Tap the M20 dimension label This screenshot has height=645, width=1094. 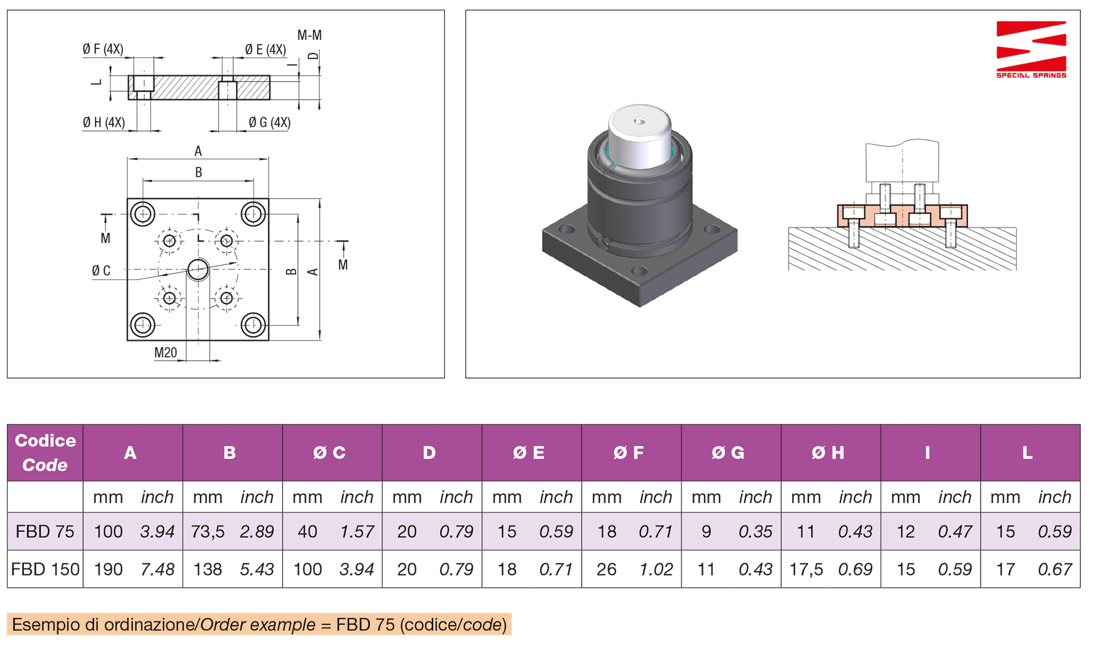(x=165, y=353)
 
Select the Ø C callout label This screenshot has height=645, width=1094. (x=101, y=271)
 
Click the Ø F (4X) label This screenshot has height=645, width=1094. (x=103, y=49)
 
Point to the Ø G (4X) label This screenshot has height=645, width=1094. (x=270, y=123)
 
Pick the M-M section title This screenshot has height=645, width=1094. (x=309, y=35)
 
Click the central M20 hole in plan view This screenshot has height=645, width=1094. (x=198, y=270)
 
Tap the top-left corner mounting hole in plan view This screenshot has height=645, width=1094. (x=142, y=214)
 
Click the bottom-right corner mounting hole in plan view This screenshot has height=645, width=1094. (x=253, y=325)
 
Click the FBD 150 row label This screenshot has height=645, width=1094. (x=45, y=569)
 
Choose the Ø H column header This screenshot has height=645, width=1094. (x=828, y=453)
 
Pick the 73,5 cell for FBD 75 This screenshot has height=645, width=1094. (x=207, y=532)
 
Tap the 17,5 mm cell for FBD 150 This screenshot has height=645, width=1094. (x=806, y=569)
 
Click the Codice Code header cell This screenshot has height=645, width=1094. (x=45, y=453)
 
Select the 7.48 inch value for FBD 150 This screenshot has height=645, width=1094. (x=157, y=569)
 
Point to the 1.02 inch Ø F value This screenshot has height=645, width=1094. (x=656, y=569)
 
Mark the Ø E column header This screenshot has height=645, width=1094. (x=529, y=453)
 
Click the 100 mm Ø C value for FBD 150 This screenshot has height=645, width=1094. (x=307, y=569)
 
